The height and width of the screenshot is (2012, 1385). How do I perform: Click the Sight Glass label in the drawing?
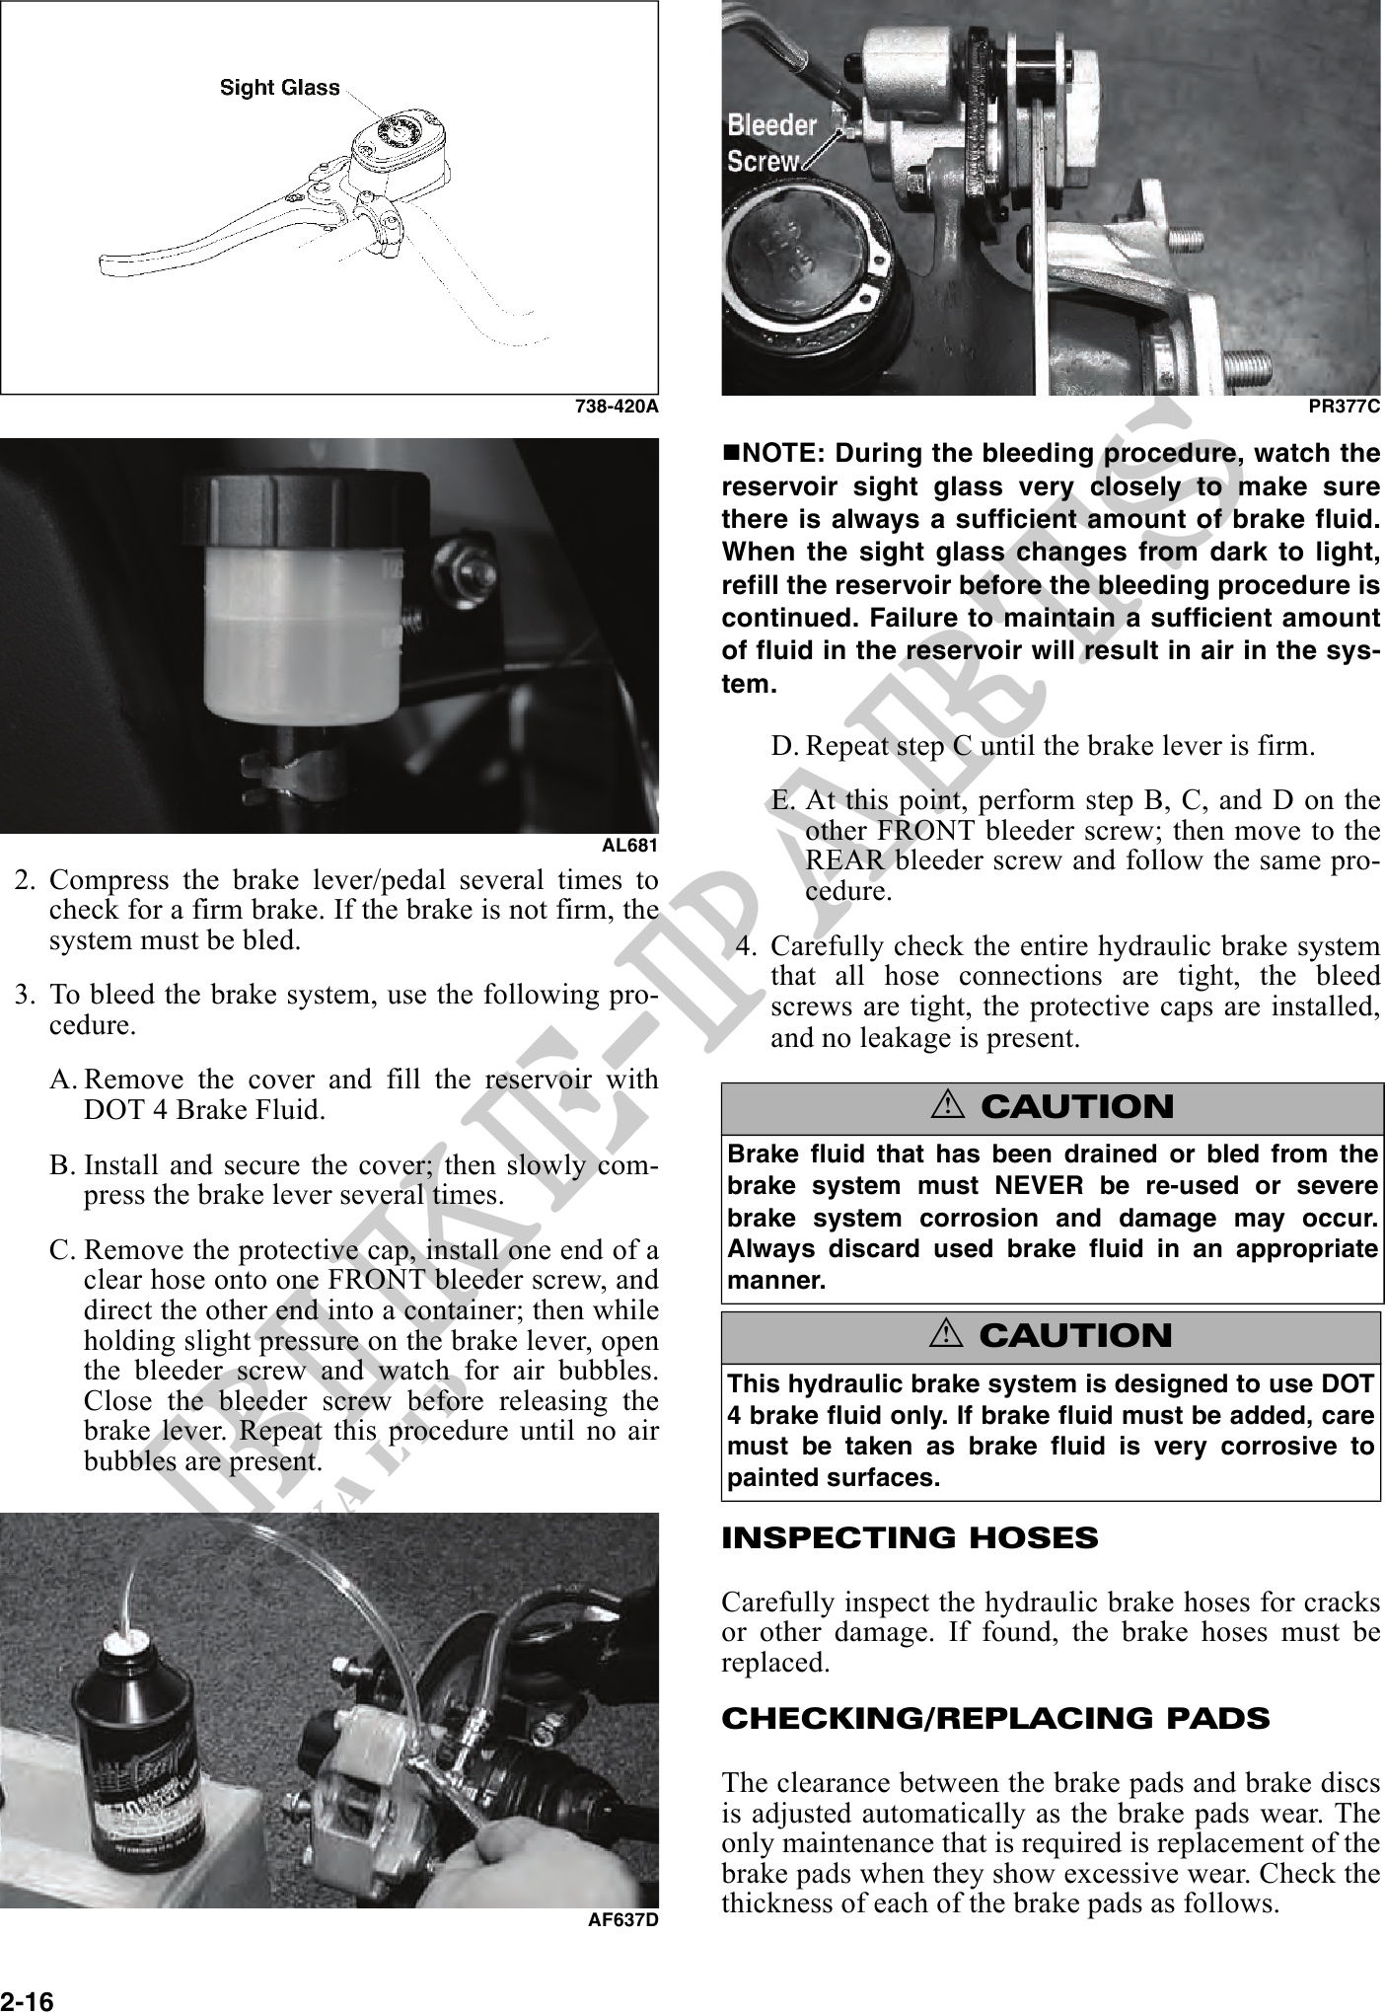pos(279,88)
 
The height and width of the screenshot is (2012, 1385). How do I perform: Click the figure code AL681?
pos(629,846)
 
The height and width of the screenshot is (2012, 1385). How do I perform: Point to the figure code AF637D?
pos(622,1919)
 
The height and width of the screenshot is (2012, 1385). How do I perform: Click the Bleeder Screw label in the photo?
pos(771,143)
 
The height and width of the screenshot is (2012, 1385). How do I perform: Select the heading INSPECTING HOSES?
pos(910,1538)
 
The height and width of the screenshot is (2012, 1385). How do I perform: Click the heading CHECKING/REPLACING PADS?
pos(995,1718)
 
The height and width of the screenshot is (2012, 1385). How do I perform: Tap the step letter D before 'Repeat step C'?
pos(783,744)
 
